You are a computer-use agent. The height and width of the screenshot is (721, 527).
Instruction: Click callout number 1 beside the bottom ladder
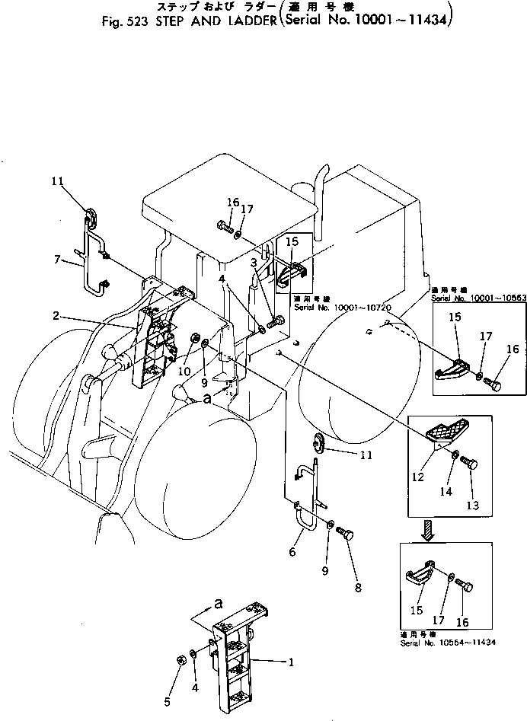(x=290, y=662)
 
